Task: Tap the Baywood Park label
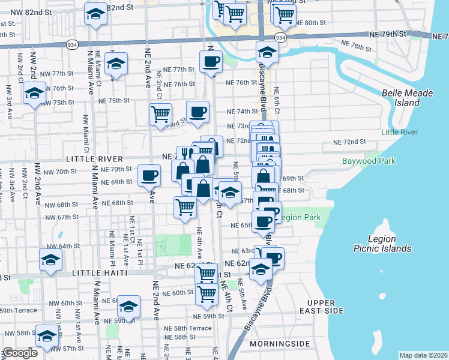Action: [369, 161]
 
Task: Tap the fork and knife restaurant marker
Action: [184, 154]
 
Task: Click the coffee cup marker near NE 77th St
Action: [211, 62]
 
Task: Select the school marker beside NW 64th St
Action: [51, 260]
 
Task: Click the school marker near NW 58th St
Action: [46, 336]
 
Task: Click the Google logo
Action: [20, 353]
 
